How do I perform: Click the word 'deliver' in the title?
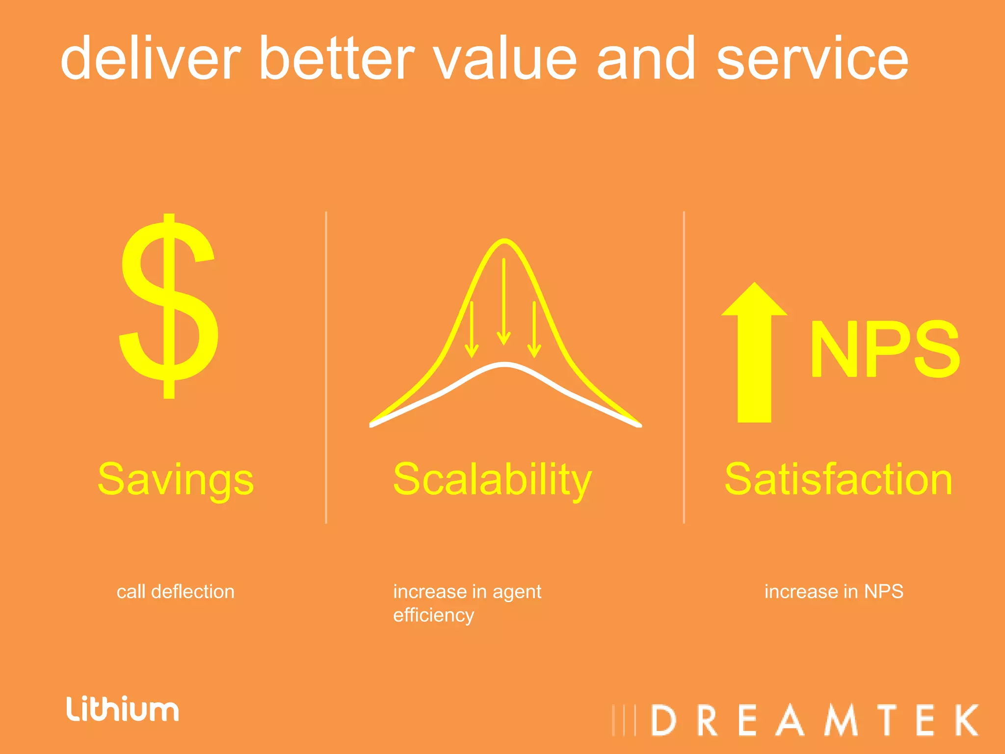(x=150, y=59)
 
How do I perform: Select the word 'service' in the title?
(x=813, y=59)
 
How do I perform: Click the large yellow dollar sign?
(x=168, y=307)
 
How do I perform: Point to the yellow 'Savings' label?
(x=176, y=480)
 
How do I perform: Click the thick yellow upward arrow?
(x=754, y=353)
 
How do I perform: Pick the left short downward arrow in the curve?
(x=472, y=329)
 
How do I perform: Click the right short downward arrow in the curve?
(x=534, y=329)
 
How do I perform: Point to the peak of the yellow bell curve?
(x=504, y=241)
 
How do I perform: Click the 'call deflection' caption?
(x=175, y=592)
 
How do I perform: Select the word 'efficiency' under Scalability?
(x=434, y=615)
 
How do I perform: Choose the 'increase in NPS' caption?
(x=834, y=592)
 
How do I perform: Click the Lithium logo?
(x=123, y=709)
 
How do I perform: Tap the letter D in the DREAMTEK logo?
(x=664, y=721)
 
